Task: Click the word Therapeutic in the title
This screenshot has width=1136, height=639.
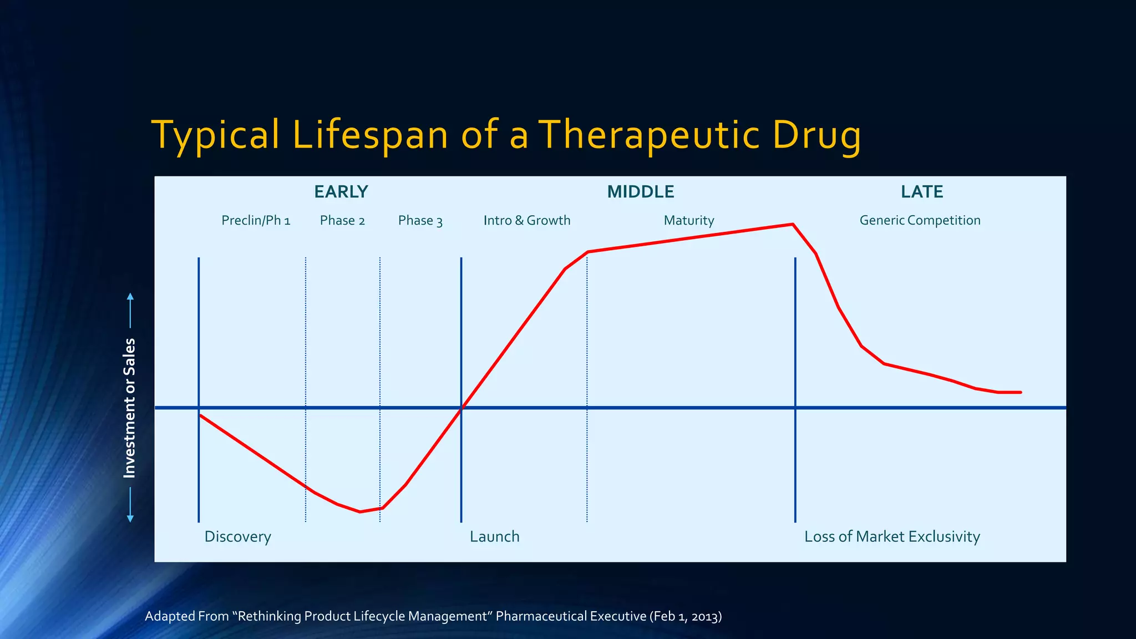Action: coord(648,135)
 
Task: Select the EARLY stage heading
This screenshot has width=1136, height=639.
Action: coord(341,192)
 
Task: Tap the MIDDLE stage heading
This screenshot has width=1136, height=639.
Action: coord(640,192)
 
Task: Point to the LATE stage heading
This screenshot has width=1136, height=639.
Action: coord(921,192)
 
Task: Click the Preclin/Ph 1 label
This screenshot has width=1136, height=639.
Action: coord(256,221)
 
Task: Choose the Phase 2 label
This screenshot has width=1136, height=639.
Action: coord(342,221)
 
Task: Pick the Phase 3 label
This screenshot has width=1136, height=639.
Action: coord(420,221)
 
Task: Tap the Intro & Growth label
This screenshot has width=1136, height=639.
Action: coord(526,221)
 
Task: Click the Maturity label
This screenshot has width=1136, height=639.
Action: coord(688,221)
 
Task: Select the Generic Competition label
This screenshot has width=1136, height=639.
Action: coord(920,221)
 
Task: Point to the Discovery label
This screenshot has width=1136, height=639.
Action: coord(237,537)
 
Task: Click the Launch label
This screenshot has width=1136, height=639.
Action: coord(494,537)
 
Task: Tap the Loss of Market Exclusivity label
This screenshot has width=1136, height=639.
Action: coord(892,537)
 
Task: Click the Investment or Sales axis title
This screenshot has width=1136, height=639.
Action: coord(129,408)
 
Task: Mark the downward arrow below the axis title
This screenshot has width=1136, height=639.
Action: coord(130,506)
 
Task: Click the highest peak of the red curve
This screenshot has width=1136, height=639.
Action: coord(793,224)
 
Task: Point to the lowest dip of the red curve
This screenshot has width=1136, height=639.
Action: coord(360,511)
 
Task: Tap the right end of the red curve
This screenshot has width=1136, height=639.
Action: coord(1020,392)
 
